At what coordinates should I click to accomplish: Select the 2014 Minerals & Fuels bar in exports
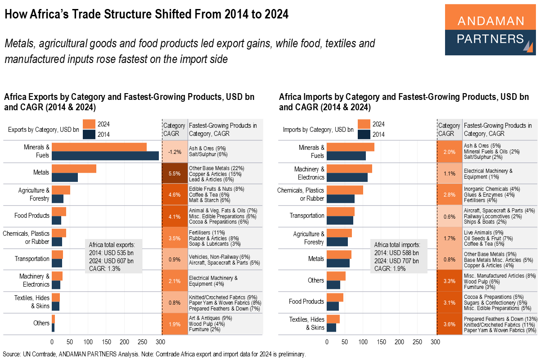(105, 156)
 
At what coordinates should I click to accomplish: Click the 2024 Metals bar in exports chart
(74, 168)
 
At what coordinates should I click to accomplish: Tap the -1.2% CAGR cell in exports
(174, 152)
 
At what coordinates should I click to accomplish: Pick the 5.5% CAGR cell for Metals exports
(174, 173)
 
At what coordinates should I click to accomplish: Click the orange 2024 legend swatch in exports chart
(89, 124)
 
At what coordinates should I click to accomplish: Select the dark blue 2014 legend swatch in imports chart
(364, 134)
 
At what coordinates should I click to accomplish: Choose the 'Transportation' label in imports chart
(307, 216)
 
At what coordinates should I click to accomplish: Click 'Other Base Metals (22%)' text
(216, 168)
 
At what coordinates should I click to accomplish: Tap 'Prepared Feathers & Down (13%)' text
(500, 319)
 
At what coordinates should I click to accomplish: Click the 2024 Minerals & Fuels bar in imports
(351, 147)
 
